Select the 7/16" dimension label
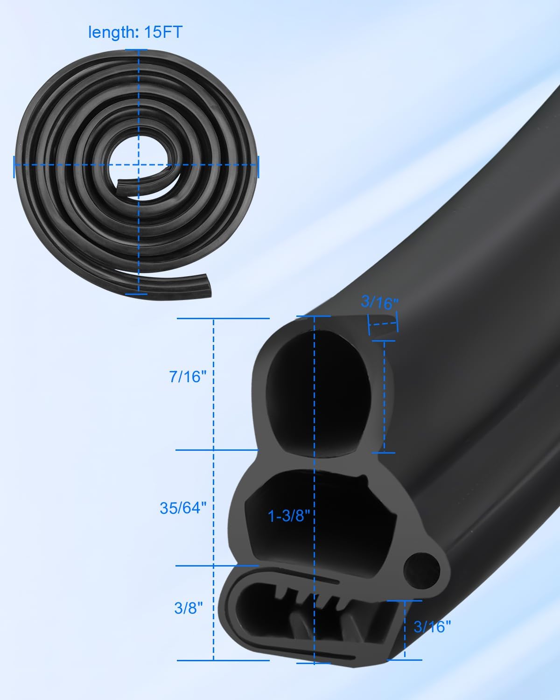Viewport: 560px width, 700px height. click(188, 376)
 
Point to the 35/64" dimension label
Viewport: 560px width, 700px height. click(183, 508)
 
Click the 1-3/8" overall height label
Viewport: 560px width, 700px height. click(289, 516)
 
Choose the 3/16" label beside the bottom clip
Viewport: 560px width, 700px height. click(433, 626)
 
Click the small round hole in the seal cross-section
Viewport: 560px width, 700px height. click(421, 568)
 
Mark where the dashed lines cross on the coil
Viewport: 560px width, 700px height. click(138, 164)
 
